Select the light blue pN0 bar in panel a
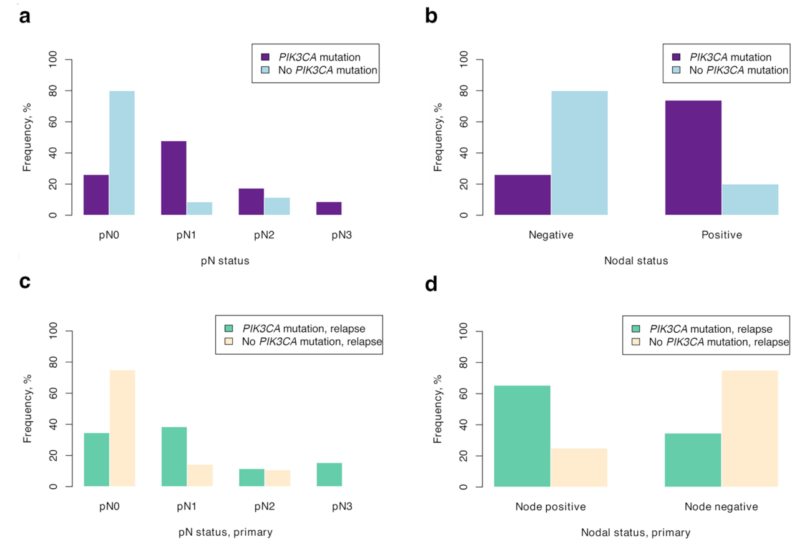122,153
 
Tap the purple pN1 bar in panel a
174,178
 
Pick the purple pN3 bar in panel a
329,209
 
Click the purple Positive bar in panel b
693,157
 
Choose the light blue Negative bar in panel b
579,153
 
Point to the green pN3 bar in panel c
329,475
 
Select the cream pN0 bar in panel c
122,428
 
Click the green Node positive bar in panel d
522,436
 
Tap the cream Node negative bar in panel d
750,428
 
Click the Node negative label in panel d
721,506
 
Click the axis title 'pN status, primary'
226,532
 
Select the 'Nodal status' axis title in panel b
636,261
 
